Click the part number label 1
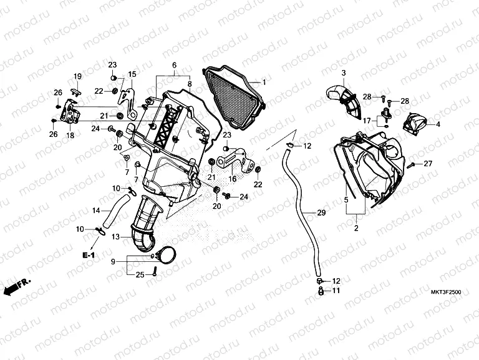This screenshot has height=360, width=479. [263, 82]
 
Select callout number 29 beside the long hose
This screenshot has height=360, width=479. [321, 213]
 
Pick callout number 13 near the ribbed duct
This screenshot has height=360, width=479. [115, 237]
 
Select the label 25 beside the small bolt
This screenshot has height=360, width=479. [140, 274]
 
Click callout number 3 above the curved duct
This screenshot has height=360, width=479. [342, 74]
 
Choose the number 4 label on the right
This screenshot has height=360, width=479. [438, 124]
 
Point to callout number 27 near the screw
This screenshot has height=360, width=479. [428, 164]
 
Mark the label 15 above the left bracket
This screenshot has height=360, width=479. [132, 74]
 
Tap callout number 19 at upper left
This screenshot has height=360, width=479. [78, 76]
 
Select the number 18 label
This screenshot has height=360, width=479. [70, 135]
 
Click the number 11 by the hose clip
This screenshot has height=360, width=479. [336, 291]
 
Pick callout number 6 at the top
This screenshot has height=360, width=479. [175, 66]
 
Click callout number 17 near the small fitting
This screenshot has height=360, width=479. [367, 120]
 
